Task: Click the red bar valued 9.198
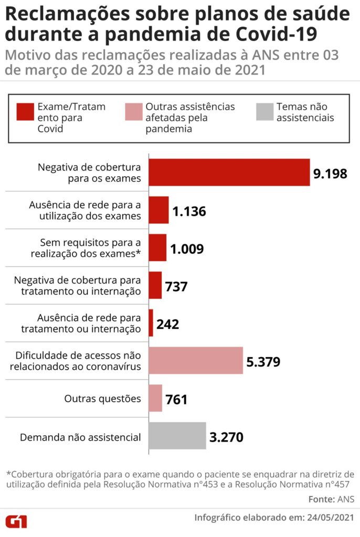click(x=229, y=172)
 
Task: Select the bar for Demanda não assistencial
click(x=177, y=436)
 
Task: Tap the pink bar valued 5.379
click(x=196, y=360)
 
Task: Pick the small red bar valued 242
click(x=151, y=323)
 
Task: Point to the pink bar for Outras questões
click(x=155, y=398)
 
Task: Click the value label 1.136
click(x=189, y=211)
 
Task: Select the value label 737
click(x=176, y=286)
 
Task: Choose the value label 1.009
click(x=187, y=249)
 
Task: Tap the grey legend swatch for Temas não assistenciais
click(x=265, y=112)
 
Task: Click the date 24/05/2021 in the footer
click(x=330, y=517)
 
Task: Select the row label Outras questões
click(x=102, y=399)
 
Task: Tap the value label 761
click(x=176, y=400)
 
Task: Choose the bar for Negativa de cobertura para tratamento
click(x=155, y=285)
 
